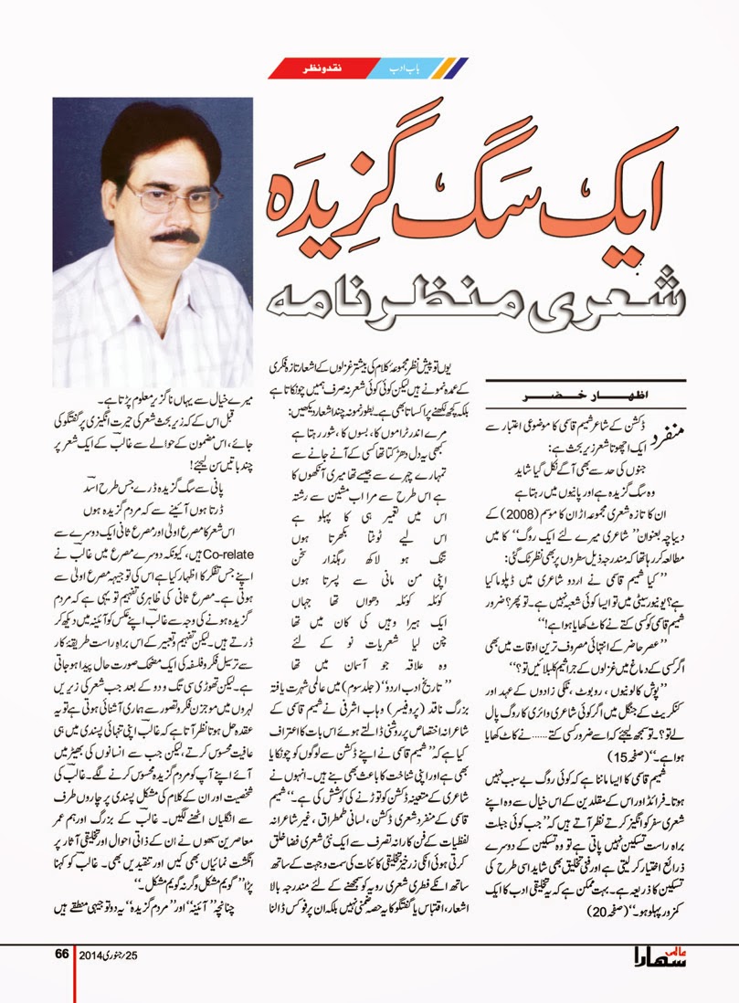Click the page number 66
[58, 979]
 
